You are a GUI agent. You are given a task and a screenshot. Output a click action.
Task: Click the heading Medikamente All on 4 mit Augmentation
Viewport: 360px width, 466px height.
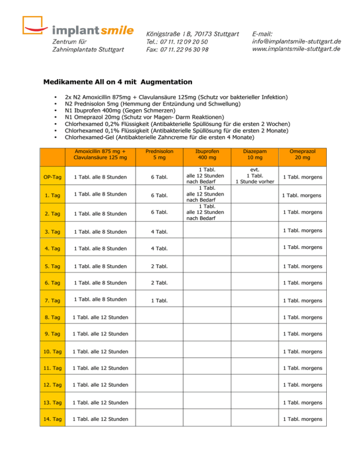(x=111, y=82)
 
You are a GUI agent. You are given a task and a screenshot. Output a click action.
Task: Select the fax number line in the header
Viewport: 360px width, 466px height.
(x=178, y=50)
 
